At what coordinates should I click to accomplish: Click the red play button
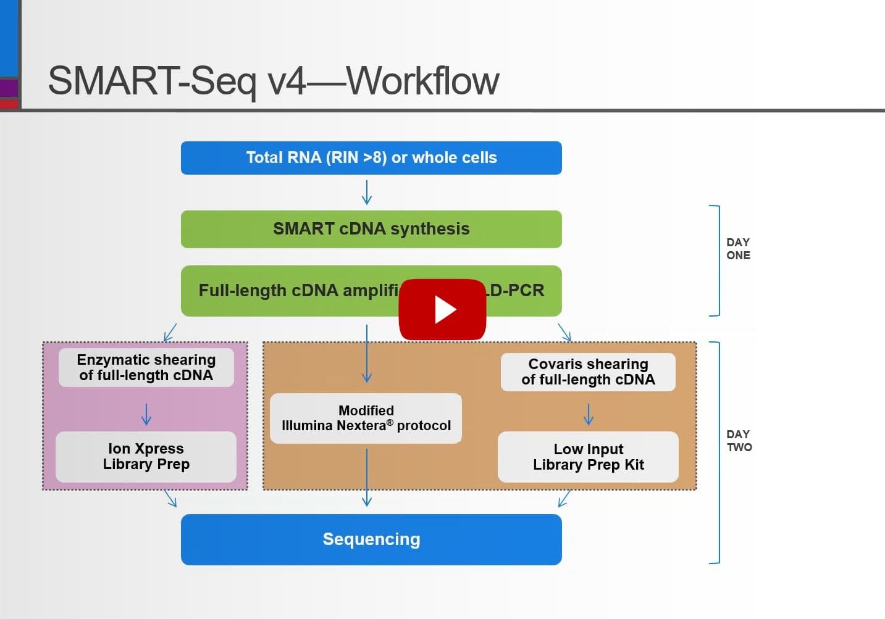[442, 309]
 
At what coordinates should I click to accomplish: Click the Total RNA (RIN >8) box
[371, 158]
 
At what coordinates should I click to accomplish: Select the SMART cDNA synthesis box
[371, 229]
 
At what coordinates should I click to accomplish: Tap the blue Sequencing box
[371, 539]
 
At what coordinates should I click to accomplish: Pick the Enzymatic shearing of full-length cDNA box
[146, 367]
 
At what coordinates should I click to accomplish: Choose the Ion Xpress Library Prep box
[146, 457]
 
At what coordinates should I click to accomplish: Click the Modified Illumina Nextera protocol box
[366, 418]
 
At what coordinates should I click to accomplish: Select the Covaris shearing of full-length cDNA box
[588, 372]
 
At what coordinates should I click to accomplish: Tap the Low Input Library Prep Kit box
[588, 457]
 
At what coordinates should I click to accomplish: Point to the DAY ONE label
[738, 249]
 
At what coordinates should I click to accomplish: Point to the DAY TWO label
[739, 441]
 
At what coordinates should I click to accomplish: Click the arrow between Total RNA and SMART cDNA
[367, 192]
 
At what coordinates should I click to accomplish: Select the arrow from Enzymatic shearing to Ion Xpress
[146, 413]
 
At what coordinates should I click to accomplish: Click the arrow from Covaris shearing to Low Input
[589, 414]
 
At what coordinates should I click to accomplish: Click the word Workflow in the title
[422, 81]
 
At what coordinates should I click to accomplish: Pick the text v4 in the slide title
[287, 81]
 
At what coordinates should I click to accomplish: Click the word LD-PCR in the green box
[516, 291]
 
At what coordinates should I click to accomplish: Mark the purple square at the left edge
[9, 88]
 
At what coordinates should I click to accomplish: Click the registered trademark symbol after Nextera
[390, 422]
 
